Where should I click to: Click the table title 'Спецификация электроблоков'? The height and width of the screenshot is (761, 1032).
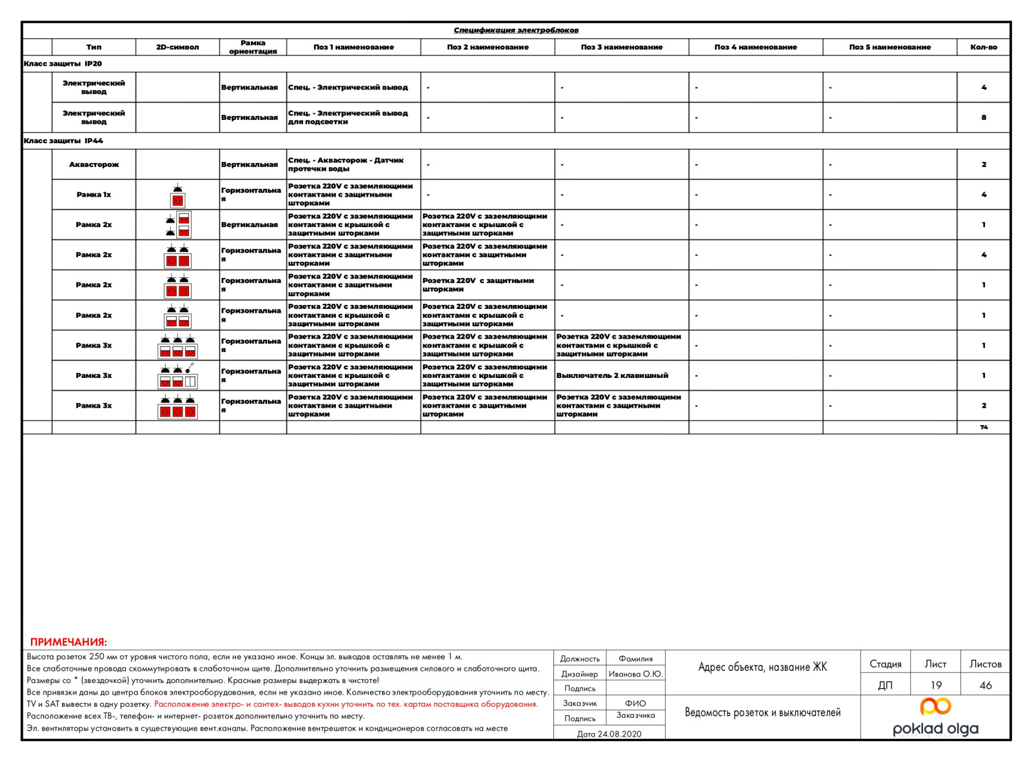516,30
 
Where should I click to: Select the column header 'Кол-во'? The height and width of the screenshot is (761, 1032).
984,47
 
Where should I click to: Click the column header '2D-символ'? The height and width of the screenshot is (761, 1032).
177,47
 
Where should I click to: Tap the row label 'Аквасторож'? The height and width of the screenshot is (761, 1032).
94,164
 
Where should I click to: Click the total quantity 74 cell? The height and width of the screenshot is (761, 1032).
984,427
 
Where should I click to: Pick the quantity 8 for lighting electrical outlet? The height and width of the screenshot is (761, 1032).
984,117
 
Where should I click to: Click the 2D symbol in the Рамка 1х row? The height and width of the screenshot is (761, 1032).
177,195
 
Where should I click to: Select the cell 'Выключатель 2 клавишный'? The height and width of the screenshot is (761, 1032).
612,375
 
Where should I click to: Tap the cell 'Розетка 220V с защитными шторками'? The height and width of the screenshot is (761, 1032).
478,285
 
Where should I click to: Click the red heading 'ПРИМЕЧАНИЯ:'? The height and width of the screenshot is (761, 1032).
68,642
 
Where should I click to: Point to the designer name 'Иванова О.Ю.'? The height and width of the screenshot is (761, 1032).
635,674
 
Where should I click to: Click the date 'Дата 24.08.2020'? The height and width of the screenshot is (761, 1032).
609,734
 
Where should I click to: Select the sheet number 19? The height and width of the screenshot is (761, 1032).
936,685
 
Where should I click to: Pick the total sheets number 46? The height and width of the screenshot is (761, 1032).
986,685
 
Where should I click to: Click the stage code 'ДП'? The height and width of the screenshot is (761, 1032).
885,685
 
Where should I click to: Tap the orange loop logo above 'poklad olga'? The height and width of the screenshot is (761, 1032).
935,706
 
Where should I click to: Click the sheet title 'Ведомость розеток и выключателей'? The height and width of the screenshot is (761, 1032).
762,713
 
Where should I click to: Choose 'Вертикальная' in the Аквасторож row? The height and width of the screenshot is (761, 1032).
250,164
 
